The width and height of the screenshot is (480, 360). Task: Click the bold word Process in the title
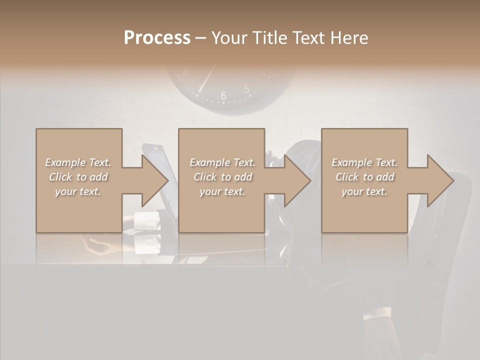pyautogui.click(x=157, y=38)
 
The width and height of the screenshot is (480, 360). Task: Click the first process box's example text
pyautogui.click(x=78, y=177)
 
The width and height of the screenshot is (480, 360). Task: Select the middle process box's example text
pyautogui.click(x=222, y=177)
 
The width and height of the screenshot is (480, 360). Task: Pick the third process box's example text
pyautogui.click(x=364, y=177)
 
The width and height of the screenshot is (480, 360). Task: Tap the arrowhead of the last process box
pyautogui.click(x=439, y=180)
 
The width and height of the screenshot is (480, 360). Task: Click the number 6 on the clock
pyautogui.click(x=223, y=95)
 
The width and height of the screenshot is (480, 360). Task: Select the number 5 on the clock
pyautogui.click(x=246, y=89)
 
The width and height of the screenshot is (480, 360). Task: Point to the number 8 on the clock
pyautogui.click(x=185, y=72)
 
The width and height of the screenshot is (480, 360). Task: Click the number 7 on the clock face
pyautogui.click(x=200, y=89)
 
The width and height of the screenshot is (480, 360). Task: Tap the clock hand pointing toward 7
pyautogui.click(x=207, y=77)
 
